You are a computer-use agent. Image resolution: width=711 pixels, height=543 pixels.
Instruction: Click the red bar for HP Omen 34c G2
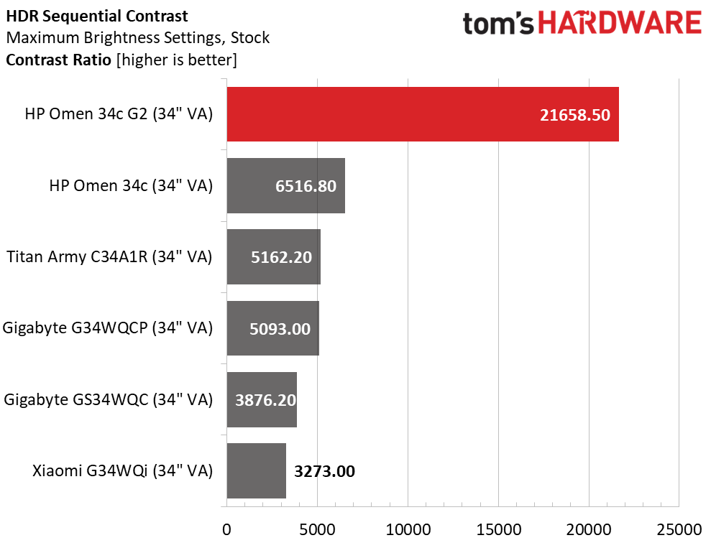point(423,114)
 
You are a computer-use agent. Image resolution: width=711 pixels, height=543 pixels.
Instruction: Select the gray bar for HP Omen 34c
point(285,185)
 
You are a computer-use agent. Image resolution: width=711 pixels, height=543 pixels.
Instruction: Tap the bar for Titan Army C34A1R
point(273,256)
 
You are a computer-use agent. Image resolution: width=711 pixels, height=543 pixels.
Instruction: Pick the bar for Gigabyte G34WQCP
point(272,328)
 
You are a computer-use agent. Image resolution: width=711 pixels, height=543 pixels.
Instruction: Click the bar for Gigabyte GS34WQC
point(262,399)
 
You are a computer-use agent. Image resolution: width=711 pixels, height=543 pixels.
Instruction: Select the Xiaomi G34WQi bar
point(256,471)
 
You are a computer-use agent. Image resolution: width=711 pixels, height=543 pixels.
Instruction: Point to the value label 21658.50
point(574,115)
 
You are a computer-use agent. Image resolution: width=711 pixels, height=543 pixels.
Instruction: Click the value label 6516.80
point(306,186)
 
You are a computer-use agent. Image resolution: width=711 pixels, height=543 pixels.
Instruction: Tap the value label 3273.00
point(325,472)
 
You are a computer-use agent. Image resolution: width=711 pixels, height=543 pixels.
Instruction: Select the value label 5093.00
point(280,329)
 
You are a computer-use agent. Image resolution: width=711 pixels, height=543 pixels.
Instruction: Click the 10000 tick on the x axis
point(408,529)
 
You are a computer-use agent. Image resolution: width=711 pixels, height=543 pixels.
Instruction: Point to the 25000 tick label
point(679,529)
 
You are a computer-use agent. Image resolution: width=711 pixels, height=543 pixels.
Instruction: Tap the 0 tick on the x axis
point(227,529)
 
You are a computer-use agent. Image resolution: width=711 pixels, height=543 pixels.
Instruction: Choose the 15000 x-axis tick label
point(498,529)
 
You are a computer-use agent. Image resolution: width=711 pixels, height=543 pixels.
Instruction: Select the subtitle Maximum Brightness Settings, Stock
point(138,37)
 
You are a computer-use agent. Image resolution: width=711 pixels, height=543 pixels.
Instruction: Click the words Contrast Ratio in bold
point(58,60)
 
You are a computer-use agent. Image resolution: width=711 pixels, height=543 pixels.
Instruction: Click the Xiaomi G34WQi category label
point(122,472)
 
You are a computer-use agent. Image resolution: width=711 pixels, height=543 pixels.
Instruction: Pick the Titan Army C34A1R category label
point(109,257)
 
